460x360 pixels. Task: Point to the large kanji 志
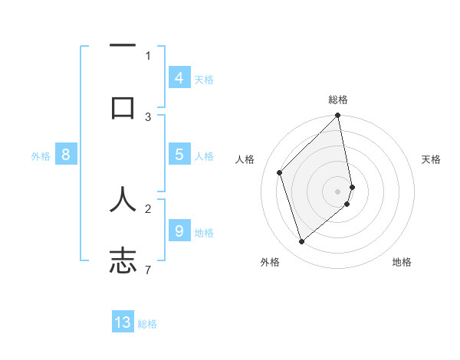pyautogui.click(x=123, y=260)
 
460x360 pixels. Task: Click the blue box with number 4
pyautogui.click(x=179, y=78)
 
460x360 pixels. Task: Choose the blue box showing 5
pyautogui.click(x=179, y=155)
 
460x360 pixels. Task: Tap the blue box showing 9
pyautogui.click(x=179, y=231)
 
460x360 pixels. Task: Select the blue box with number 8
pyautogui.click(x=66, y=155)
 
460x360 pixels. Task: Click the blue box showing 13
pyautogui.click(x=123, y=322)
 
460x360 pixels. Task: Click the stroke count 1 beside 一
pyautogui.click(x=148, y=55)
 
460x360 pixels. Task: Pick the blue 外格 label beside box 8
pyautogui.click(x=41, y=156)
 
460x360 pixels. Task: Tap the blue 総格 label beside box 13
pyautogui.click(x=147, y=324)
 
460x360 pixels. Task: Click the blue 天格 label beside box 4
pyautogui.click(x=204, y=80)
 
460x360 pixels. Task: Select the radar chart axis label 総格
pyautogui.click(x=338, y=100)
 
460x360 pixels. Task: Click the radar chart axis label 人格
pyautogui.click(x=245, y=159)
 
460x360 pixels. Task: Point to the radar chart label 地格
pyautogui.click(x=402, y=262)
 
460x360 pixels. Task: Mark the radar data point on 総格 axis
pyautogui.click(x=338, y=116)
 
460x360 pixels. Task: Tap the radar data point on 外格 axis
pyautogui.click(x=301, y=241)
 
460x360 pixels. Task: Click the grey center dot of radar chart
pyautogui.click(x=338, y=191)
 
